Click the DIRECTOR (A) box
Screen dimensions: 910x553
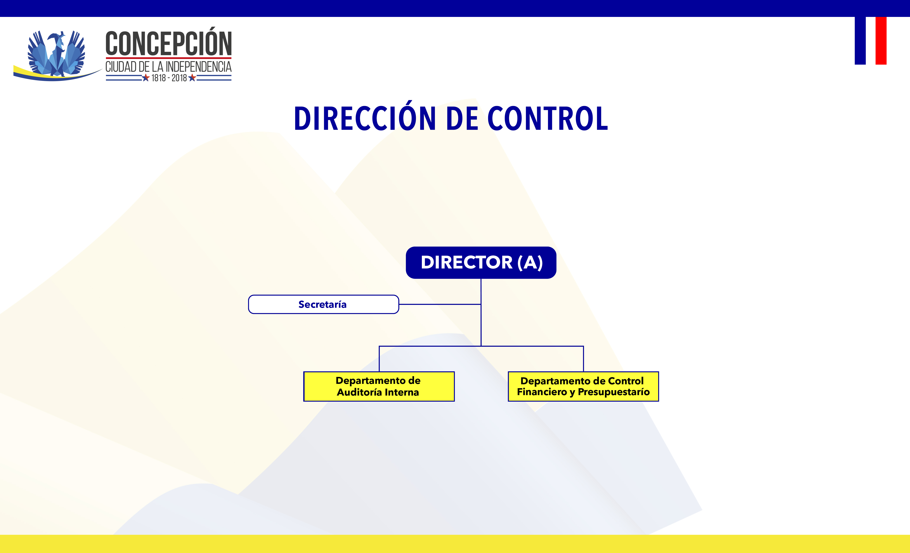coord(481,262)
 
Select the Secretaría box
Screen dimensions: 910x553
coord(323,304)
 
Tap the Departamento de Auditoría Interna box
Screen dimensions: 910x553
coord(379,386)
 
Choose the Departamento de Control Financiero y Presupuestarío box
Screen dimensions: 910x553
coord(583,386)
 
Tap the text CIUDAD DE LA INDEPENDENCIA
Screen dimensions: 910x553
coord(169,67)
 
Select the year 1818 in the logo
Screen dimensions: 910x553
coord(159,78)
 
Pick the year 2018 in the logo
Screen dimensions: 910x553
coord(179,78)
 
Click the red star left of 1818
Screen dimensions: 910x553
coord(146,78)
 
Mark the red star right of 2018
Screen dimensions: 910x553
coord(192,78)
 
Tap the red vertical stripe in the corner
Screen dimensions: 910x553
coord(881,41)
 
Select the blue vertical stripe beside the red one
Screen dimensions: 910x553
coord(860,41)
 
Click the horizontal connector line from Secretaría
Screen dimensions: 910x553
coord(440,304)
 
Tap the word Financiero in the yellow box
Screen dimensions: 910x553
coord(542,392)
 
